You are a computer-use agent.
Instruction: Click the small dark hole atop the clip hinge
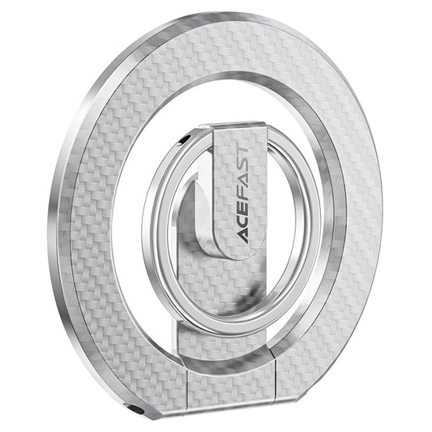189,139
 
